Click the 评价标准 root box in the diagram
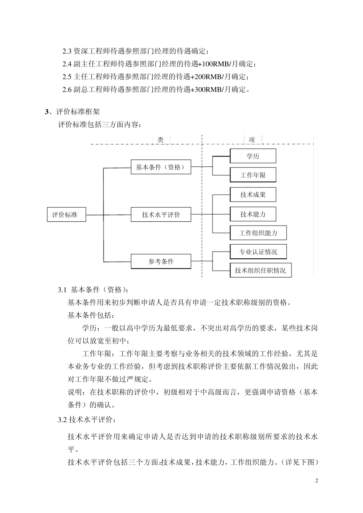tap(66, 215)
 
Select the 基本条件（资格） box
tap(161, 167)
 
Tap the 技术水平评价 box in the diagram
tap(161, 215)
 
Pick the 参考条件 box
tap(161, 262)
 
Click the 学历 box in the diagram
tap(253, 156)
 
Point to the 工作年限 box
tap(253, 175)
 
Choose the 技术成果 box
tap(253, 195)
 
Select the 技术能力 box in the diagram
tap(253, 214)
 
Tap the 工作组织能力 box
tap(258, 233)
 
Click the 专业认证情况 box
tap(258, 252)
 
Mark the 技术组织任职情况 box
tap(260, 270)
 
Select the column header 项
tap(252, 140)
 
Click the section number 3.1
tap(62, 290)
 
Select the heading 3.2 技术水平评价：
tap(86, 420)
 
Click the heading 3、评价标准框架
tap(72, 112)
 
